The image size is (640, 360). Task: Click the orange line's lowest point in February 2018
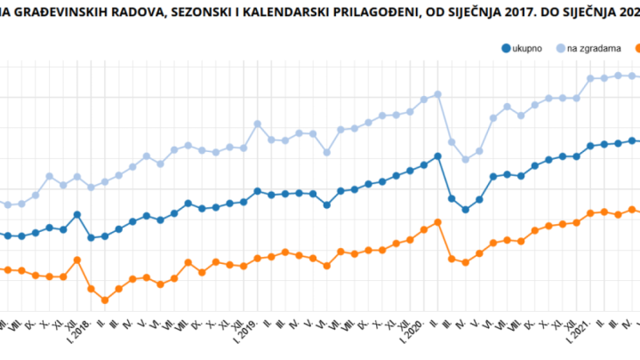pos(105,300)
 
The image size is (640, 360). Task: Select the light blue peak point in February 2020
pos(438,94)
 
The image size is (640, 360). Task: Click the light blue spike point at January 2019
pos(257,124)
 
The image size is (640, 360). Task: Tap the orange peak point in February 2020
pos(438,222)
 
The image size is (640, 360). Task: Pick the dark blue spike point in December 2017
pos(77,214)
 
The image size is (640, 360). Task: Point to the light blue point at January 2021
pos(591,79)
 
